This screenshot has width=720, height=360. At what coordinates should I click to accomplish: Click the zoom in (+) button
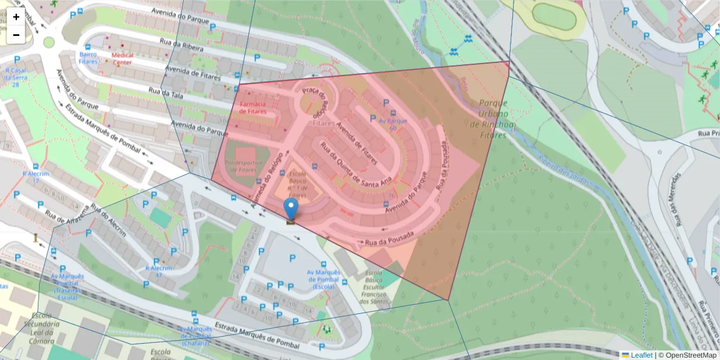tap(16, 17)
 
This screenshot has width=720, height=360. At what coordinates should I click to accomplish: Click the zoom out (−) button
tap(16, 35)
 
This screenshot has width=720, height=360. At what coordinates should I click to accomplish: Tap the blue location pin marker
tap(291, 211)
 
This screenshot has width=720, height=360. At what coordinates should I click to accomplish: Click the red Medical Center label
tap(122, 58)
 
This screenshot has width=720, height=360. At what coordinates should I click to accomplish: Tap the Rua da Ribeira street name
tap(182, 45)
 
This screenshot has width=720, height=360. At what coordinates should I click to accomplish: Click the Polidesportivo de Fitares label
tap(240, 166)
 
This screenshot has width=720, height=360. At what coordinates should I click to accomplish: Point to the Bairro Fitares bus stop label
tap(88, 58)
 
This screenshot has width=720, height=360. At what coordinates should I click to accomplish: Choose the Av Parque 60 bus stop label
tap(392, 124)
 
